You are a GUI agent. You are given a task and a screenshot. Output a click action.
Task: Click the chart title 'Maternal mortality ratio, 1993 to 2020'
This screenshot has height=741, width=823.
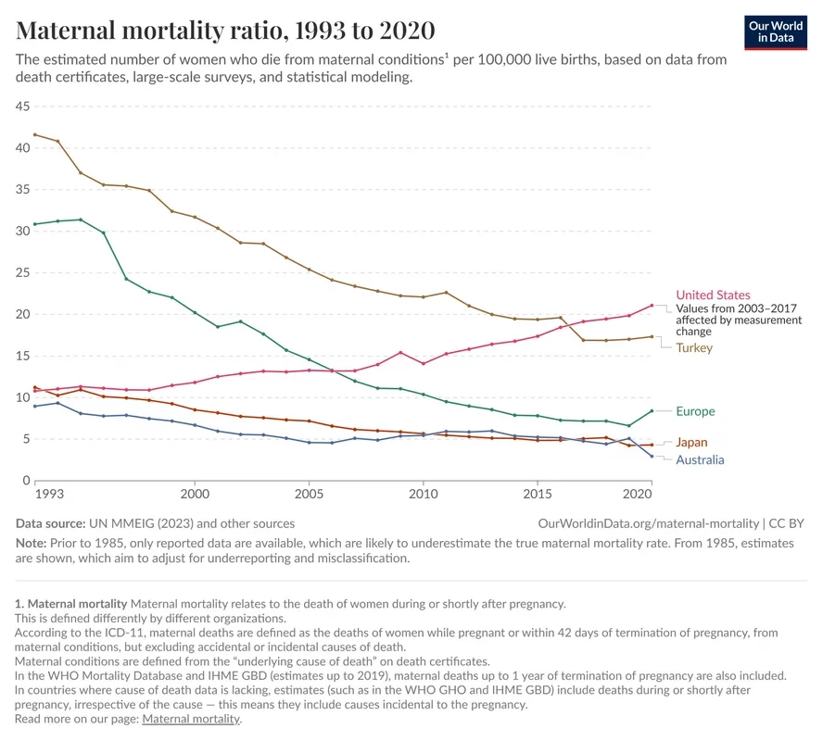click(225, 30)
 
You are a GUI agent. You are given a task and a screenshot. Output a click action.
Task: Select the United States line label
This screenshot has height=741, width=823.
click(713, 295)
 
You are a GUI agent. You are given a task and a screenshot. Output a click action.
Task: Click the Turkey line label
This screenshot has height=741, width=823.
click(694, 347)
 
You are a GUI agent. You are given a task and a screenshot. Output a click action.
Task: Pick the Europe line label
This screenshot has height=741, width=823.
click(695, 411)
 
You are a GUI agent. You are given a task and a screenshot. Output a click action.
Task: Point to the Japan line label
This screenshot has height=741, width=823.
click(691, 443)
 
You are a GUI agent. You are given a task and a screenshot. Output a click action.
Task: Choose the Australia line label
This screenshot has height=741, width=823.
click(700, 459)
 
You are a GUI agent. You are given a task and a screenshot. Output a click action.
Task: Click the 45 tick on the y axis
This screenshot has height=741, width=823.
click(22, 107)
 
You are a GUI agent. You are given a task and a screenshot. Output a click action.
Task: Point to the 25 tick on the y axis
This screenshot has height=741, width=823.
click(22, 272)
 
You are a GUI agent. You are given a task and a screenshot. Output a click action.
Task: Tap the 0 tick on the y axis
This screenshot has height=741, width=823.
click(26, 480)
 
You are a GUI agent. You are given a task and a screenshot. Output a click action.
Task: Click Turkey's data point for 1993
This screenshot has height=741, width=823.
click(35, 134)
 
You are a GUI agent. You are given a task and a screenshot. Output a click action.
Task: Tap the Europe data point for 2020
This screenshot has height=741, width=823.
click(652, 410)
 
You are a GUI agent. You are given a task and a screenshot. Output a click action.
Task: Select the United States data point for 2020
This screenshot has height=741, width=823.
click(652, 305)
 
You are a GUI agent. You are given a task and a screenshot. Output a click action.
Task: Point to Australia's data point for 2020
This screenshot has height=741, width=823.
click(652, 456)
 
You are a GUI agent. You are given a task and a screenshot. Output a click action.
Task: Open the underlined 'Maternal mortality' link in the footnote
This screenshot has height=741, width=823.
click(190, 719)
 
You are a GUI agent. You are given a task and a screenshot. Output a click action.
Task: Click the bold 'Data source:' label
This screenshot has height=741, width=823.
click(50, 523)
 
